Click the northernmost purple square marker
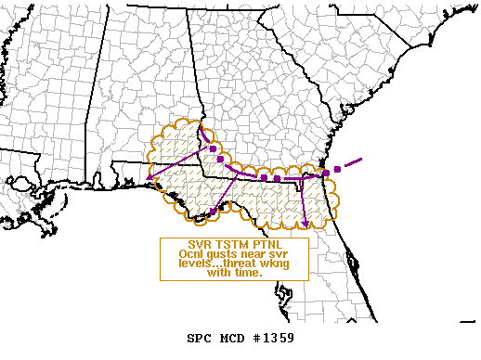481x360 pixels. pyautogui.click(x=213, y=148)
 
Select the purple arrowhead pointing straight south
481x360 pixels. pyautogui.click(x=305, y=223)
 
